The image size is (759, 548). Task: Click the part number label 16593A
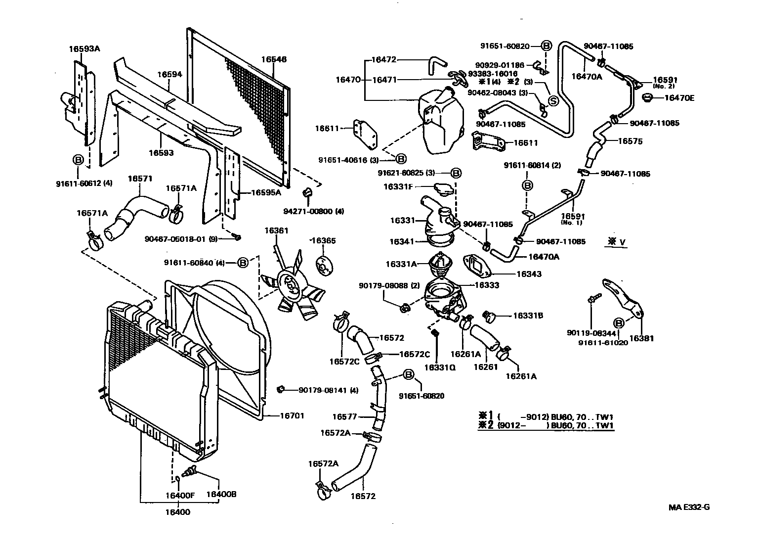[84, 48]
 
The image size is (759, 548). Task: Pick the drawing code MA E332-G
[689, 507]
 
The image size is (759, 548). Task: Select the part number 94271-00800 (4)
[321, 211]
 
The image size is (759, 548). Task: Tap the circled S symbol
[553, 101]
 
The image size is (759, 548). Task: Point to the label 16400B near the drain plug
[221, 494]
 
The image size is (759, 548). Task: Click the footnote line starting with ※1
[546, 416]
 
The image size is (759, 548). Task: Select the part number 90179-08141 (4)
[328, 390]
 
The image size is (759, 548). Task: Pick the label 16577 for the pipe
[344, 417]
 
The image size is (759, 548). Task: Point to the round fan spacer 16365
[324, 266]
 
